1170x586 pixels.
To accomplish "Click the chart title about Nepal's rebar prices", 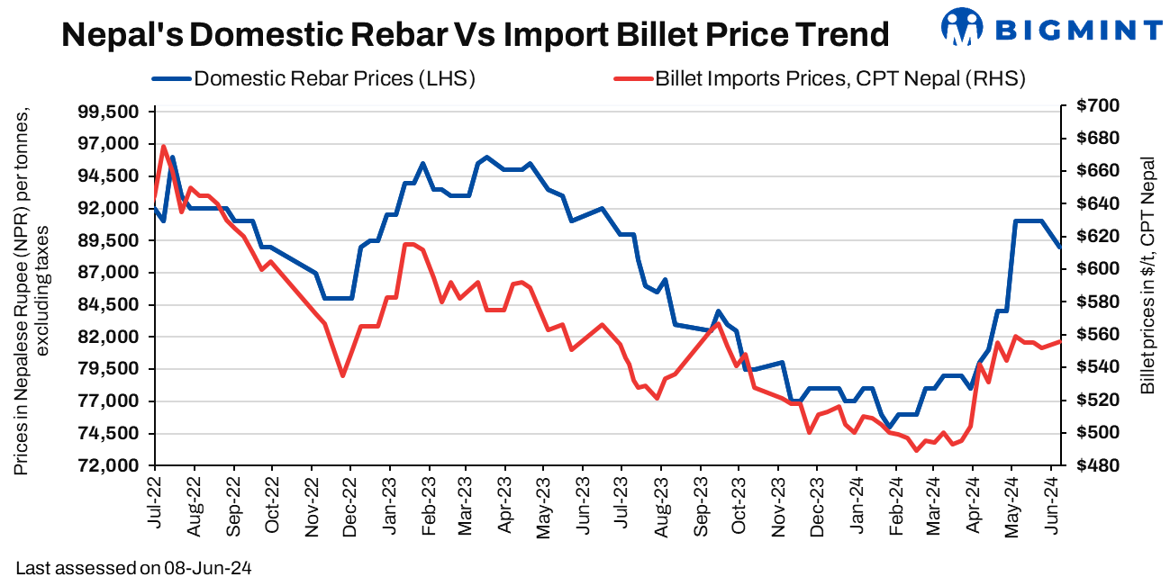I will [x=475, y=35].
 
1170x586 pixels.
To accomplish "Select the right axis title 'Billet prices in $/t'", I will [x=1147, y=275].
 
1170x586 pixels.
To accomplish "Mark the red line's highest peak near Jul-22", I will [x=163, y=146].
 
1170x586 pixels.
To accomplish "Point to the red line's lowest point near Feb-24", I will [x=916, y=450].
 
